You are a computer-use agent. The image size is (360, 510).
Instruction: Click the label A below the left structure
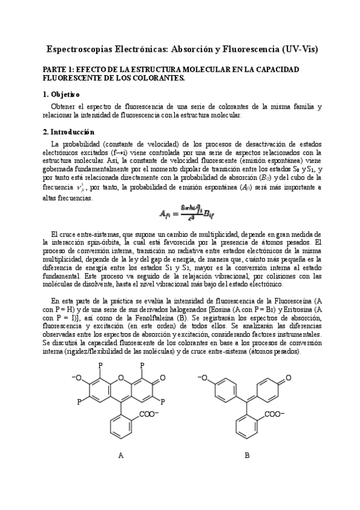coord(120,455)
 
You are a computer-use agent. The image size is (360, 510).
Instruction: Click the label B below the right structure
coord(247,455)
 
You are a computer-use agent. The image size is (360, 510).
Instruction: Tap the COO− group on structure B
coord(274,414)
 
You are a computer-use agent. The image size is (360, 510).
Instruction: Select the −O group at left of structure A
coord(76,378)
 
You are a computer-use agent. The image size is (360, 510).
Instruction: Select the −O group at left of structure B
coord(203,378)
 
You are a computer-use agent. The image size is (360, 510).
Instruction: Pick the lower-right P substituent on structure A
coord(163,400)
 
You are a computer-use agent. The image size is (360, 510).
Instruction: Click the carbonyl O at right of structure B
coord(289,378)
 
